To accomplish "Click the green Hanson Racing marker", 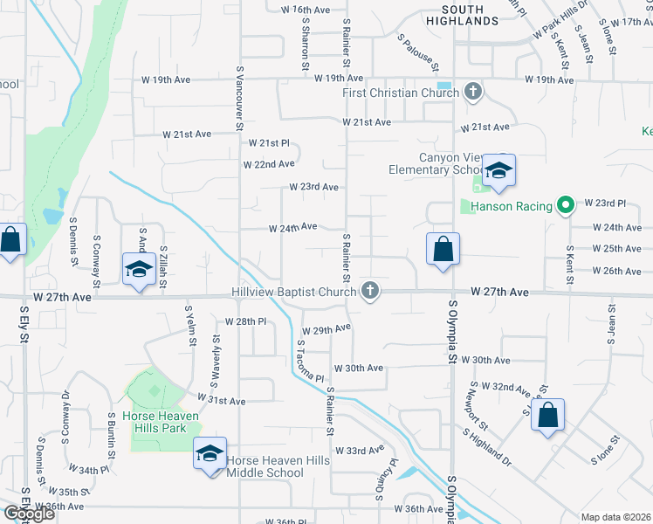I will tap(565, 206).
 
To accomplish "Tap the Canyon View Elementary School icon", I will tap(498, 169).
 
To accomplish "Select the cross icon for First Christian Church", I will tap(473, 92).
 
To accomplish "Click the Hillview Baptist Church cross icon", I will tap(370, 291).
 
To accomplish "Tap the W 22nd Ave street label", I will tap(269, 164).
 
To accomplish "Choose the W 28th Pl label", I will tap(244, 321).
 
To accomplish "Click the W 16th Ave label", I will tap(306, 10).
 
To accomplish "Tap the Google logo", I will tap(29, 514).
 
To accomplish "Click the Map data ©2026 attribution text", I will tap(615, 517).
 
